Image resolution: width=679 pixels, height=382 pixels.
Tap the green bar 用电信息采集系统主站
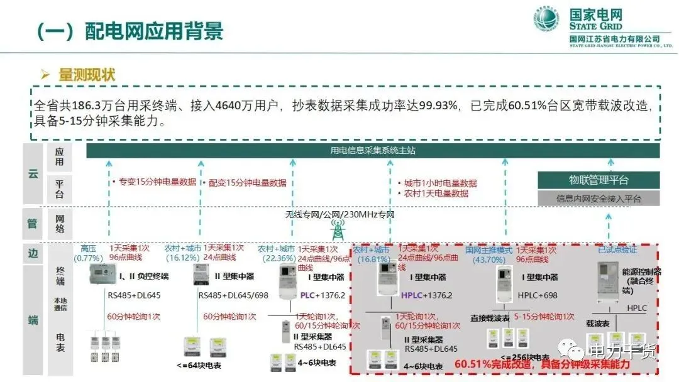click(x=373, y=151)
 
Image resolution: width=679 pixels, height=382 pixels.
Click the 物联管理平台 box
click(x=599, y=180)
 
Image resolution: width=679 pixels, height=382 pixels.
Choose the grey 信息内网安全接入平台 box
click(x=599, y=199)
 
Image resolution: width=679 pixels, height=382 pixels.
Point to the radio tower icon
click(x=338, y=229)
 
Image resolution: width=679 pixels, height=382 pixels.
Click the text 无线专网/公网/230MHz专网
click(x=339, y=215)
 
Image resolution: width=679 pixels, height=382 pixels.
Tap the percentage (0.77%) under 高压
click(x=87, y=258)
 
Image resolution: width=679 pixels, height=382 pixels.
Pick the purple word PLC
click(x=307, y=295)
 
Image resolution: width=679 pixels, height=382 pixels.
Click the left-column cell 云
click(x=33, y=174)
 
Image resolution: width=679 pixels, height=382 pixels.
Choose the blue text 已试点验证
click(x=617, y=249)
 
